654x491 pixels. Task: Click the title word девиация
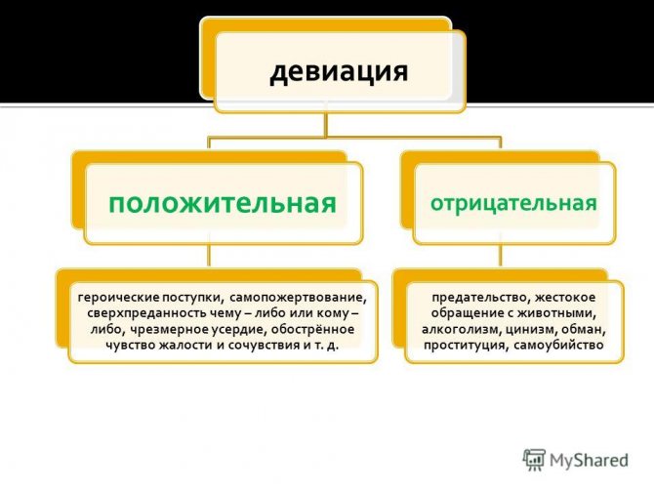(339, 72)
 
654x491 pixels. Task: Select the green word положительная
(223, 204)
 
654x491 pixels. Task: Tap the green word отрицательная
(513, 204)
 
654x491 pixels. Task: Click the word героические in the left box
(119, 298)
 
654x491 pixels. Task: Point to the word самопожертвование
(298, 298)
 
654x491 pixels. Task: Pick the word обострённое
(312, 330)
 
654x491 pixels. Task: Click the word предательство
(479, 298)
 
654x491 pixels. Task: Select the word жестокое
(565, 298)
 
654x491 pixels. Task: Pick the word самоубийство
(558, 346)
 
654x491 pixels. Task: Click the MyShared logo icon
(534, 461)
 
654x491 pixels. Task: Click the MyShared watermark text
(589, 461)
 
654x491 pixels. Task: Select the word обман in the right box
(584, 330)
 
